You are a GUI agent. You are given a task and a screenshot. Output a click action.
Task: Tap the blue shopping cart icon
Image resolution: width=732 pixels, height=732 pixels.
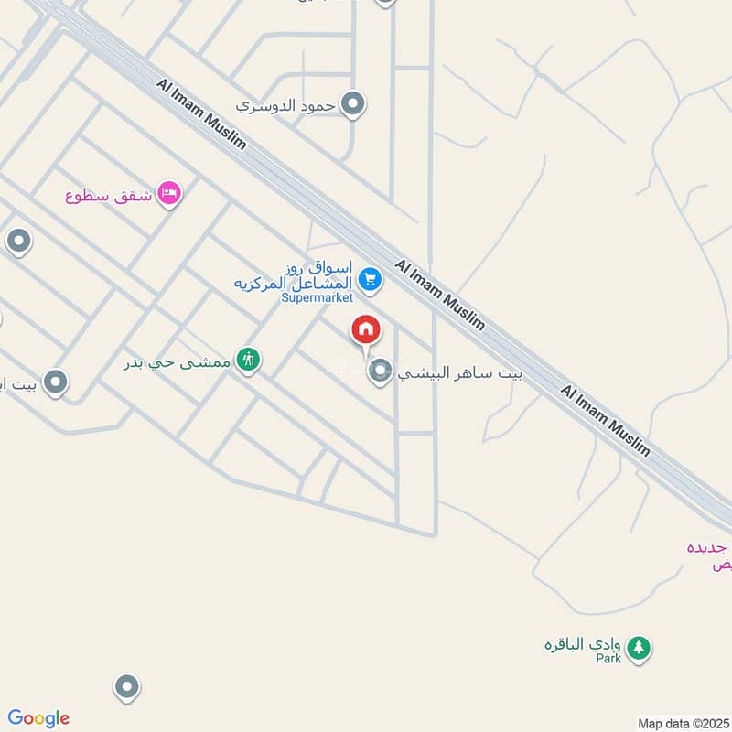tap(370, 279)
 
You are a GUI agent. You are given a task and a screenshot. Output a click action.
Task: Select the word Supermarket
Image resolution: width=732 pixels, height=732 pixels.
tap(317, 298)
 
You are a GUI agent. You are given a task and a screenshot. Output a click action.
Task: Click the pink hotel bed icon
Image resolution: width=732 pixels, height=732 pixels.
tap(169, 193)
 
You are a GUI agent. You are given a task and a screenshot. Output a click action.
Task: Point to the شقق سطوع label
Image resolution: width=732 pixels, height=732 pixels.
tap(109, 195)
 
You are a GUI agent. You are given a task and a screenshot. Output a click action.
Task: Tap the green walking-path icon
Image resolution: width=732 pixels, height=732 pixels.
tap(246, 360)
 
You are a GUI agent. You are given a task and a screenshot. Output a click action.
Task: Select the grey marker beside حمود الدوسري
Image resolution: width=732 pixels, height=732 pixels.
tap(352, 104)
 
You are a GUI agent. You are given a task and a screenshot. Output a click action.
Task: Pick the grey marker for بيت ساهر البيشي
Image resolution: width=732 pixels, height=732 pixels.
tap(379, 371)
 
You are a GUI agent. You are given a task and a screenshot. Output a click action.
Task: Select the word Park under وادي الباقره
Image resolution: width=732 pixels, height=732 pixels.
tap(608, 659)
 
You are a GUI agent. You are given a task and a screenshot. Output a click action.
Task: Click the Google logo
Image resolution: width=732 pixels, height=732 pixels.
tap(38, 718)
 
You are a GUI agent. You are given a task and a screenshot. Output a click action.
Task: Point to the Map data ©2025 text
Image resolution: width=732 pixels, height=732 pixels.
tap(682, 723)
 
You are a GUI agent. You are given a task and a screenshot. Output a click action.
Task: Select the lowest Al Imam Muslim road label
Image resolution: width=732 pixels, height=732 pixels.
tap(605, 420)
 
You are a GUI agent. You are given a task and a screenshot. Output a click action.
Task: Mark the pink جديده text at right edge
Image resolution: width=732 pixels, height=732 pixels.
tap(712, 548)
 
